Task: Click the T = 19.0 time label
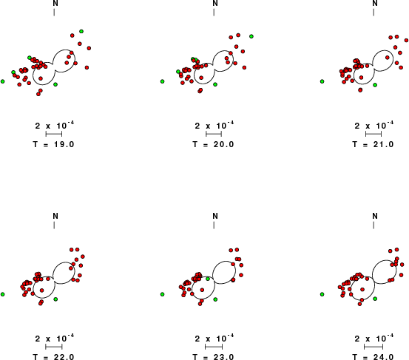coord(53,144)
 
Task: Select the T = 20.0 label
coord(213,144)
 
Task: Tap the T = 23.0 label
coord(213,356)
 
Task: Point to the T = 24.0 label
coord(373,356)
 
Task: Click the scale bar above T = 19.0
coord(54,134)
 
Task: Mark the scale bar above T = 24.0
coord(373,347)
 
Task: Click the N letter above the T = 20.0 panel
coord(215,4)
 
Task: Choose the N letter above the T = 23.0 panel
coord(215,216)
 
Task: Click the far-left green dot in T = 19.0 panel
coord(3,81)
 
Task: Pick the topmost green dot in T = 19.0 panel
coord(81,31)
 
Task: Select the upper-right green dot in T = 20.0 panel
coord(251,36)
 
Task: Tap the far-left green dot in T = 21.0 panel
coord(322,81)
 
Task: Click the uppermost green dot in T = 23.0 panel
coord(208,279)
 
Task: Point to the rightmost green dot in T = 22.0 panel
coord(55,299)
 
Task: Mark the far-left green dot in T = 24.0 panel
coord(322,294)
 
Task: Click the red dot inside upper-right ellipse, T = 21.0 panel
coord(388,58)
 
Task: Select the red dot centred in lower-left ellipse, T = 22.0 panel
coord(41,290)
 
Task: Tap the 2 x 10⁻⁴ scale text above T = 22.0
coord(55,338)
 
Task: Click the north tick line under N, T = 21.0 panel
coord(373,13)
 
